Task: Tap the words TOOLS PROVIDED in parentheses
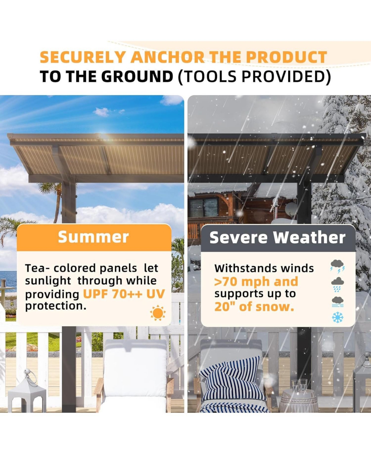click(254, 76)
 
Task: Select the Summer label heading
click(93, 237)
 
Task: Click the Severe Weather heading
click(277, 238)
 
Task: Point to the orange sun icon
click(158, 313)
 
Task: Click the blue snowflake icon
click(337, 317)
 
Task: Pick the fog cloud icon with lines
click(337, 301)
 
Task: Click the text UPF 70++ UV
click(124, 294)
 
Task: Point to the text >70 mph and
click(256, 282)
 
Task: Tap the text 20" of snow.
click(254, 307)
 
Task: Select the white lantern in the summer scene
click(27, 392)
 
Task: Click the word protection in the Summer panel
click(56, 306)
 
